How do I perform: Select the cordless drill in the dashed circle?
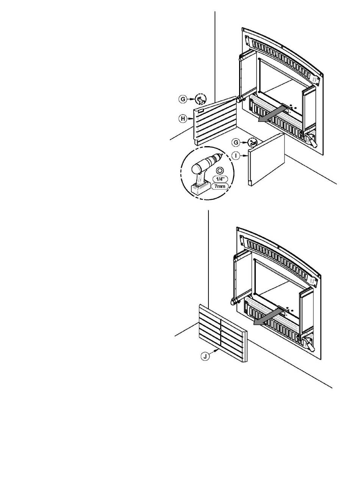point(203,172)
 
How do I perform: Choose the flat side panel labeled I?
point(267,159)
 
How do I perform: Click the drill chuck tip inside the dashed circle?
point(219,156)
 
